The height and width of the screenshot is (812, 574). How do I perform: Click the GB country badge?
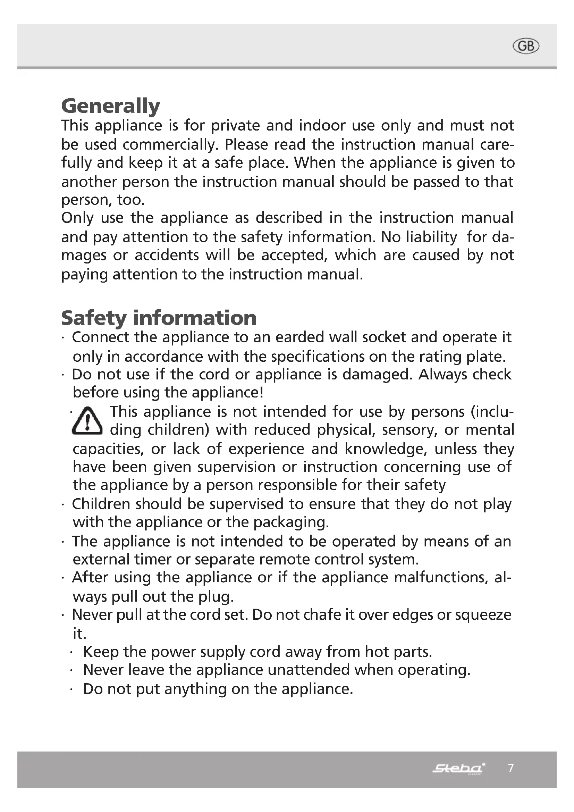coord(525,46)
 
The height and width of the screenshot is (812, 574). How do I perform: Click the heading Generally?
coord(111,106)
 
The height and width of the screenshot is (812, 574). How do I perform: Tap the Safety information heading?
coord(159,318)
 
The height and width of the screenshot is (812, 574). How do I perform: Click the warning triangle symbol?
coord(87,421)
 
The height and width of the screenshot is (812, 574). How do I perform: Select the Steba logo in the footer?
coord(458,768)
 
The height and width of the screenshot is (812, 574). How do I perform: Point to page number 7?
coord(511,768)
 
